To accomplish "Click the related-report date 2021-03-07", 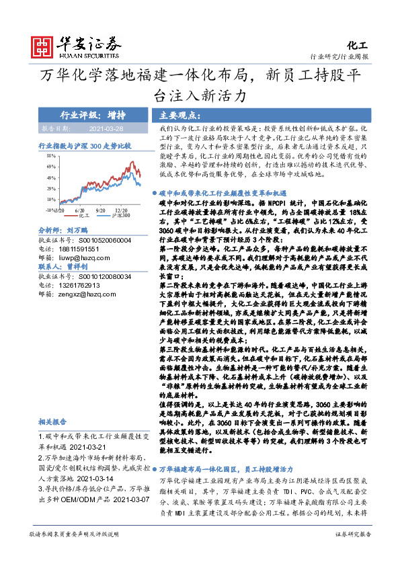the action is pos(119,500).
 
